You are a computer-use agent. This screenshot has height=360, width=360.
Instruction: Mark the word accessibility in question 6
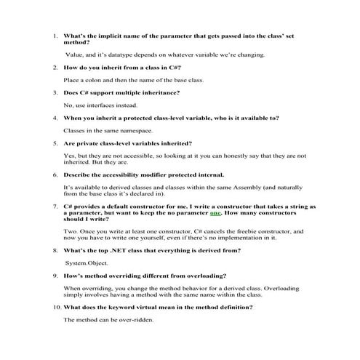click(x=123, y=175)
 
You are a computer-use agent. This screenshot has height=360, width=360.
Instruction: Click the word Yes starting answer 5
click(x=70, y=155)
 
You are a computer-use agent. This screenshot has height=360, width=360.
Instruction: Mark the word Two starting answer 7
click(x=71, y=231)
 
